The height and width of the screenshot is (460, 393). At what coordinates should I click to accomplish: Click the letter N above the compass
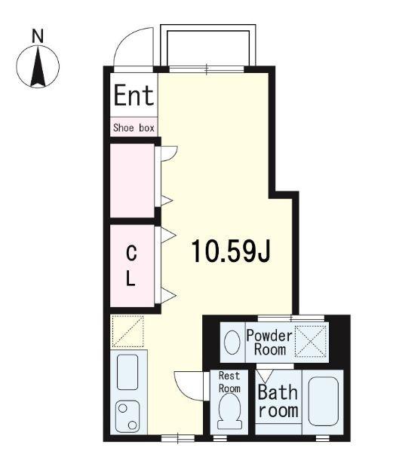[x=38, y=36]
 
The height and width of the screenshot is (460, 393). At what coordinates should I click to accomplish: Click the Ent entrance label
[x=134, y=95]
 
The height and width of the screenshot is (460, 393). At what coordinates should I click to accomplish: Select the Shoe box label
[x=134, y=128]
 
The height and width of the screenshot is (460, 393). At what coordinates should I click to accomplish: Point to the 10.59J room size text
[x=231, y=251]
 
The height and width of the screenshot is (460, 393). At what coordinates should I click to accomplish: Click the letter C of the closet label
[x=131, y=253]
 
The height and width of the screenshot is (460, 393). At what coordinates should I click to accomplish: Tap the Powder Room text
[x=269, y=343]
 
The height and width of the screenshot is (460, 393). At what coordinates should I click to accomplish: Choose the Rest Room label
[x=229, y=382]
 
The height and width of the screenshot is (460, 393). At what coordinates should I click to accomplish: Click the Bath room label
[x=278, y=401]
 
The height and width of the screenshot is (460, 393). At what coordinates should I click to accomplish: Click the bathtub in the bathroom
[x=324, y=401]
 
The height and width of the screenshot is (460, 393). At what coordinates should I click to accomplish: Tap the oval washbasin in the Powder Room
[x=232, y=343]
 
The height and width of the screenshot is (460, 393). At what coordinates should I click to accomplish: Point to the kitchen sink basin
[x=127, y=372]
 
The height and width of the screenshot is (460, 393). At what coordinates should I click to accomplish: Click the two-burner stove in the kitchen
[x=127, y=416]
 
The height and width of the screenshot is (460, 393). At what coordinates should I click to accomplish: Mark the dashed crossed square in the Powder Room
[x=311, y=341]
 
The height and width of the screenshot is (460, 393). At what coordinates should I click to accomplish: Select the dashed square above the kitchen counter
[x=127, y=331]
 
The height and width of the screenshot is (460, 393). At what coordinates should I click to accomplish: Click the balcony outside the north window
[x=208, y=45]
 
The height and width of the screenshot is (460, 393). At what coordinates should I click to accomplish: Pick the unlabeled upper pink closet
[x=132, y=181]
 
